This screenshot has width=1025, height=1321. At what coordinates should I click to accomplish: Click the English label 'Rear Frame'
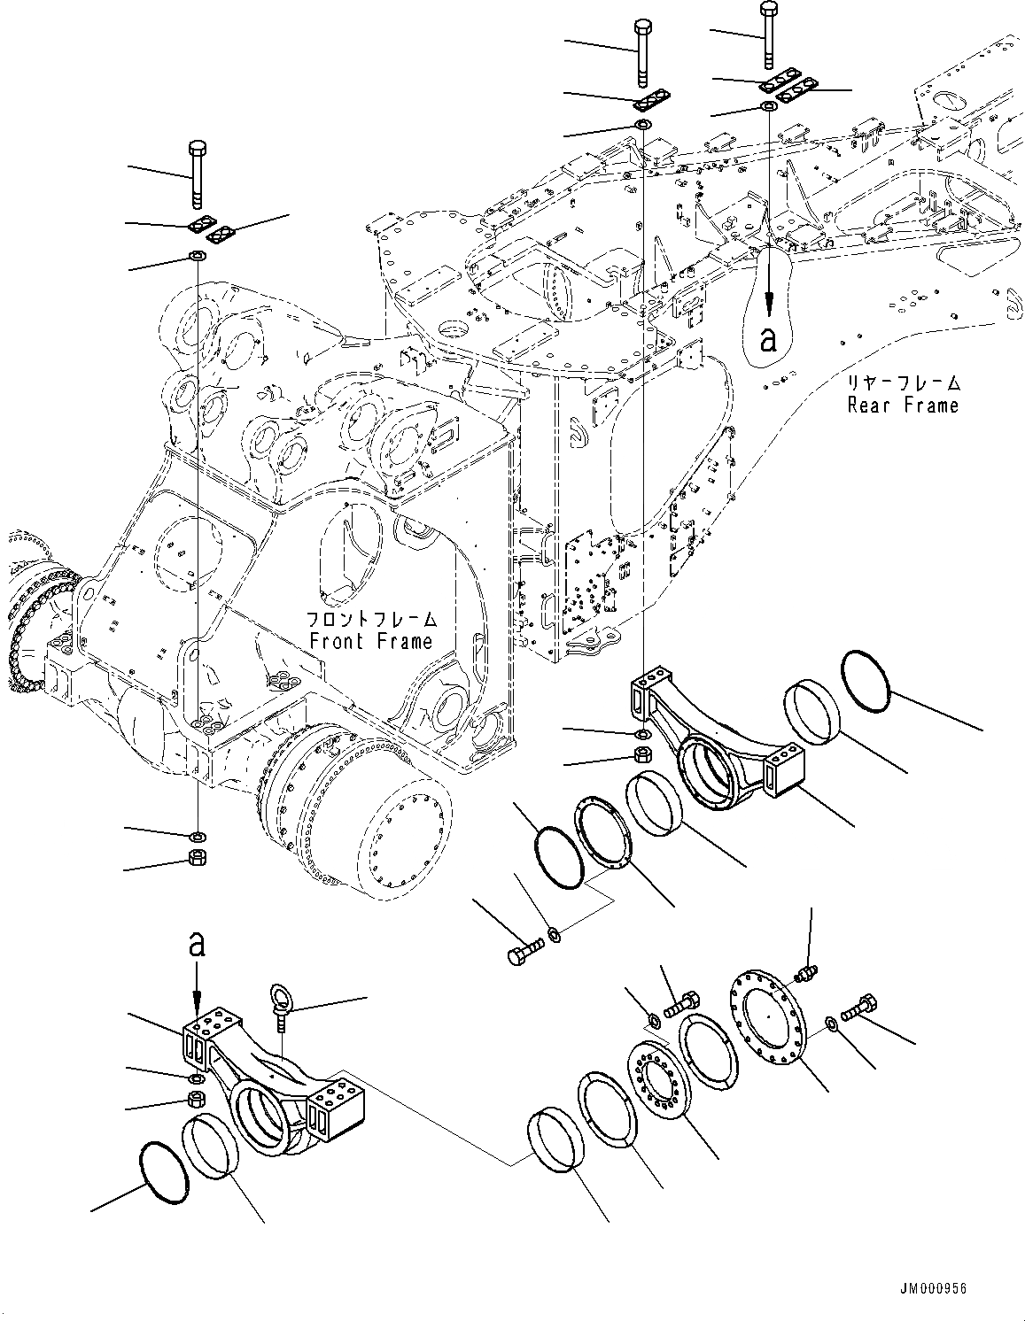(x=903, y=406)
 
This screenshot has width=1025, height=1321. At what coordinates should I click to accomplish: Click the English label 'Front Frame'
(x=370, y=641)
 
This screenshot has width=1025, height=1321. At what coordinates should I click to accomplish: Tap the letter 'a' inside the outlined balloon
(x=769, y=337)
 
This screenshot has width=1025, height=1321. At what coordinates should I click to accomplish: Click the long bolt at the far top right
(x=767, y=35)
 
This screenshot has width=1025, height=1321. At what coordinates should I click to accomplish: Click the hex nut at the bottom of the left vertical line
(x=198, y=857)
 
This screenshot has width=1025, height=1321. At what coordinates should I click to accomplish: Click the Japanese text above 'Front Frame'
(x=370, y=619)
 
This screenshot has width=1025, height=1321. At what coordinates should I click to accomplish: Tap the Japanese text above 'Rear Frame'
(x=903, y=384)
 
